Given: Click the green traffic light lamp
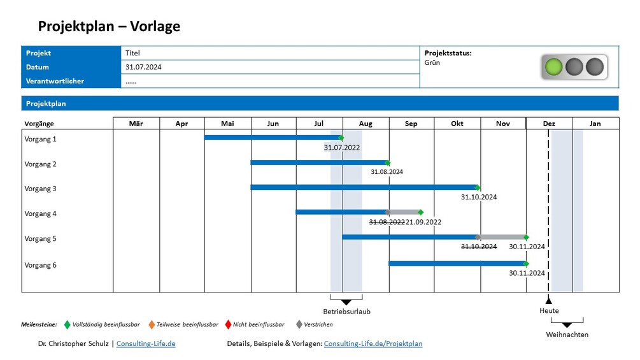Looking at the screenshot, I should point(554,66).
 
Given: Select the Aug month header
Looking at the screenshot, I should point(366,124).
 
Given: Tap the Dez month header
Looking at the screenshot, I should point(549,124).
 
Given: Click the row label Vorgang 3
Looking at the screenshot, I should point(40,189).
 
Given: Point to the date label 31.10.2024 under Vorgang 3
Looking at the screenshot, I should point(479,198).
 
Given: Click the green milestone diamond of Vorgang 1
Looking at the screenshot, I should point(341,138).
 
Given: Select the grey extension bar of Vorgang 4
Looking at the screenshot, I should point(404,212).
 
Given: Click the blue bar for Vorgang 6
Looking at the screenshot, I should point(457,263).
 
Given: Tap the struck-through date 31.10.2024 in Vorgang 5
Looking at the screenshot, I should point(479,247).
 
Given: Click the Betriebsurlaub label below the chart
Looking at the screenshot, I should point(346,312).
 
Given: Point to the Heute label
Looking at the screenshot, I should point(549,311).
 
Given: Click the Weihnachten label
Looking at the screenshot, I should point(567,335).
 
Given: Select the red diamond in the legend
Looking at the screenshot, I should point(228,324).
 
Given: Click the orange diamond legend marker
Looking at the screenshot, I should point(152,324).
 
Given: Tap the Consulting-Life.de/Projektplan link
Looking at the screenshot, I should point(373,343).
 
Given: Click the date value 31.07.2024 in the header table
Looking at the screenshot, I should point(143,67).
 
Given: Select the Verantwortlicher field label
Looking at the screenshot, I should point(55,81).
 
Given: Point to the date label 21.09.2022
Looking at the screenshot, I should point(423,222).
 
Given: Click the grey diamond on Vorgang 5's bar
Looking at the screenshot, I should point(478,237).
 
